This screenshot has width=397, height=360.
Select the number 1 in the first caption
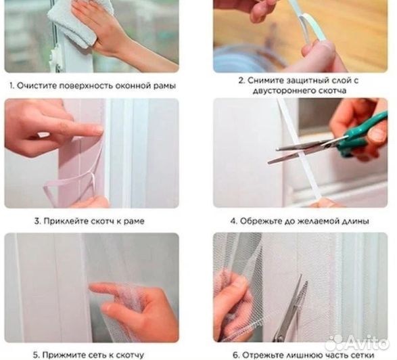coord(11,86)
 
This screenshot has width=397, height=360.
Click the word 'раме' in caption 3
coord(133,221)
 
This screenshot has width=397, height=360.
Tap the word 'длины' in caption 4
coord(357,221)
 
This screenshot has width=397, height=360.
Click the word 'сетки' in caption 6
coord(369,355)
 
